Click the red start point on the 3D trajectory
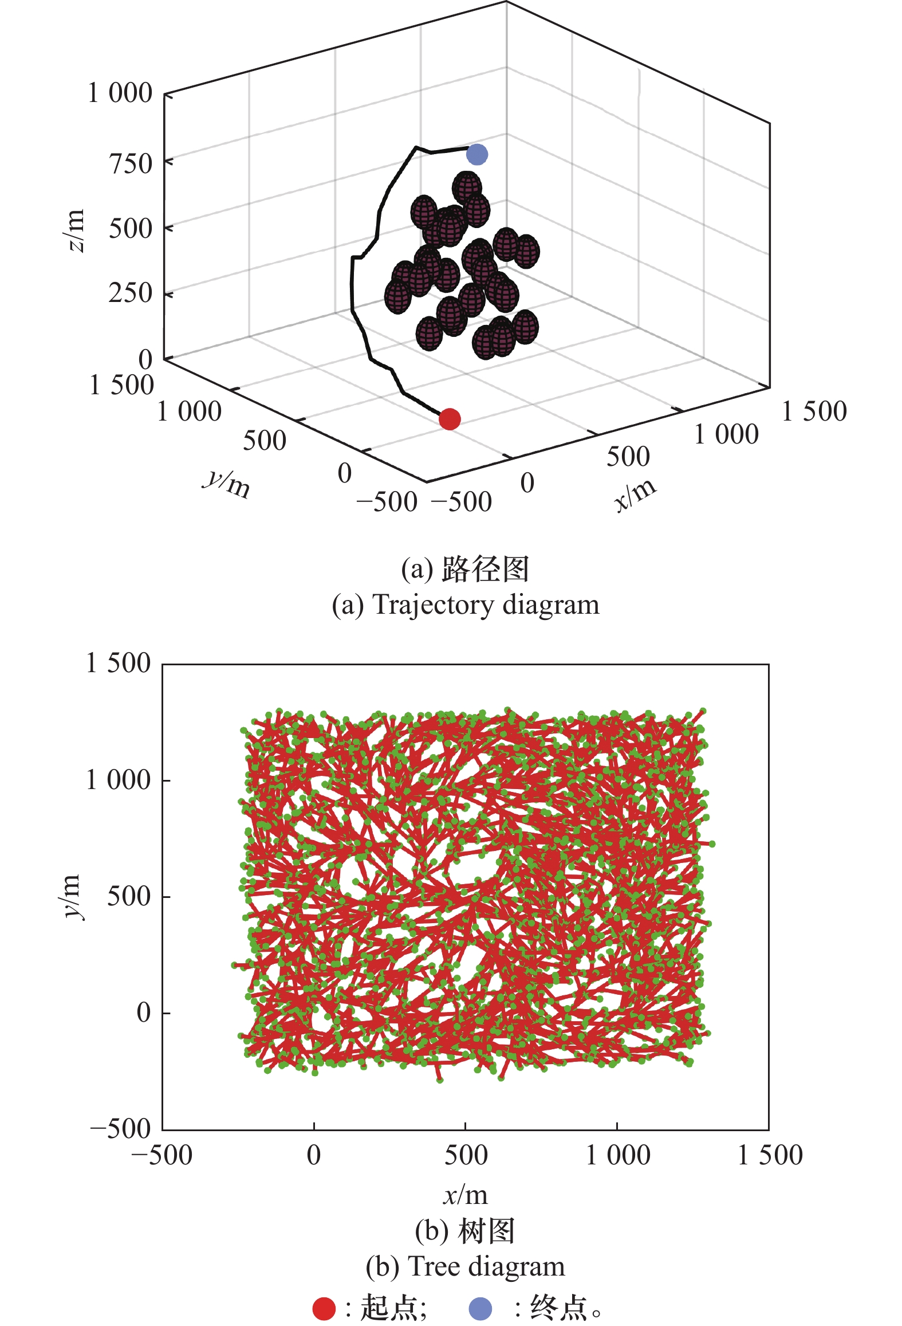[x=450, y=419]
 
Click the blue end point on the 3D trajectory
[x=476, y=154]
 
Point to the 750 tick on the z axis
[x=131, y=164]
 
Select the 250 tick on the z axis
[x=131, y=293]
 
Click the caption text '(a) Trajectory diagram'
[x=465, y=605]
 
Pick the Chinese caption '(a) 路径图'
[x=465, y=569]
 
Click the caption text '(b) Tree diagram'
[x=465, y=1266]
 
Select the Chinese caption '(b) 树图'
[x=465, y=1231]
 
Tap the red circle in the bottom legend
[x=324, y=1308]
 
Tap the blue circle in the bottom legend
[x=480, y=1308]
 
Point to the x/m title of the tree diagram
[x=465, y=1195]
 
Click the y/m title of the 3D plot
[x=227, y=484]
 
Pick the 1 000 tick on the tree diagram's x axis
[x=617, y=1155]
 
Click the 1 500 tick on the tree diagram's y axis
[x=119, y=664]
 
